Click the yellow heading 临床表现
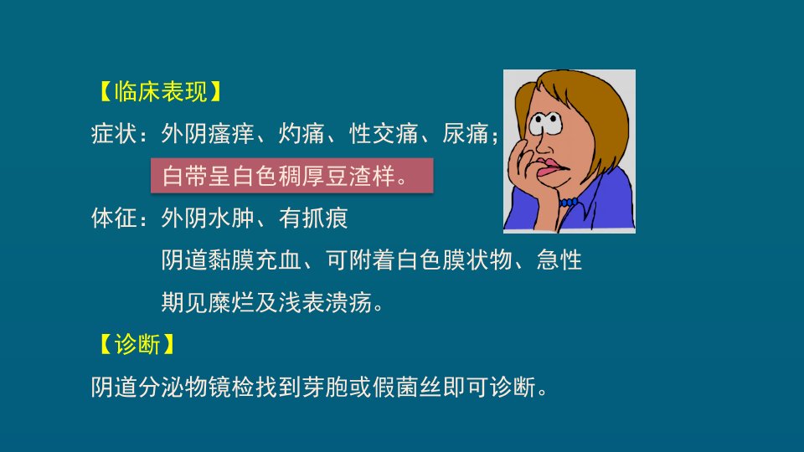point(161,92)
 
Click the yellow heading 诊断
point(137,344)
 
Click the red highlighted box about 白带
point(291,176)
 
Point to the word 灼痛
point(302,134)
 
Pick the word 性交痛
point(384,134)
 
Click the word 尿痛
point(466,134)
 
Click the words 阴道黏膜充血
point(231,259)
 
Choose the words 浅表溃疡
point(326,302)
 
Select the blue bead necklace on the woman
point(569,203)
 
